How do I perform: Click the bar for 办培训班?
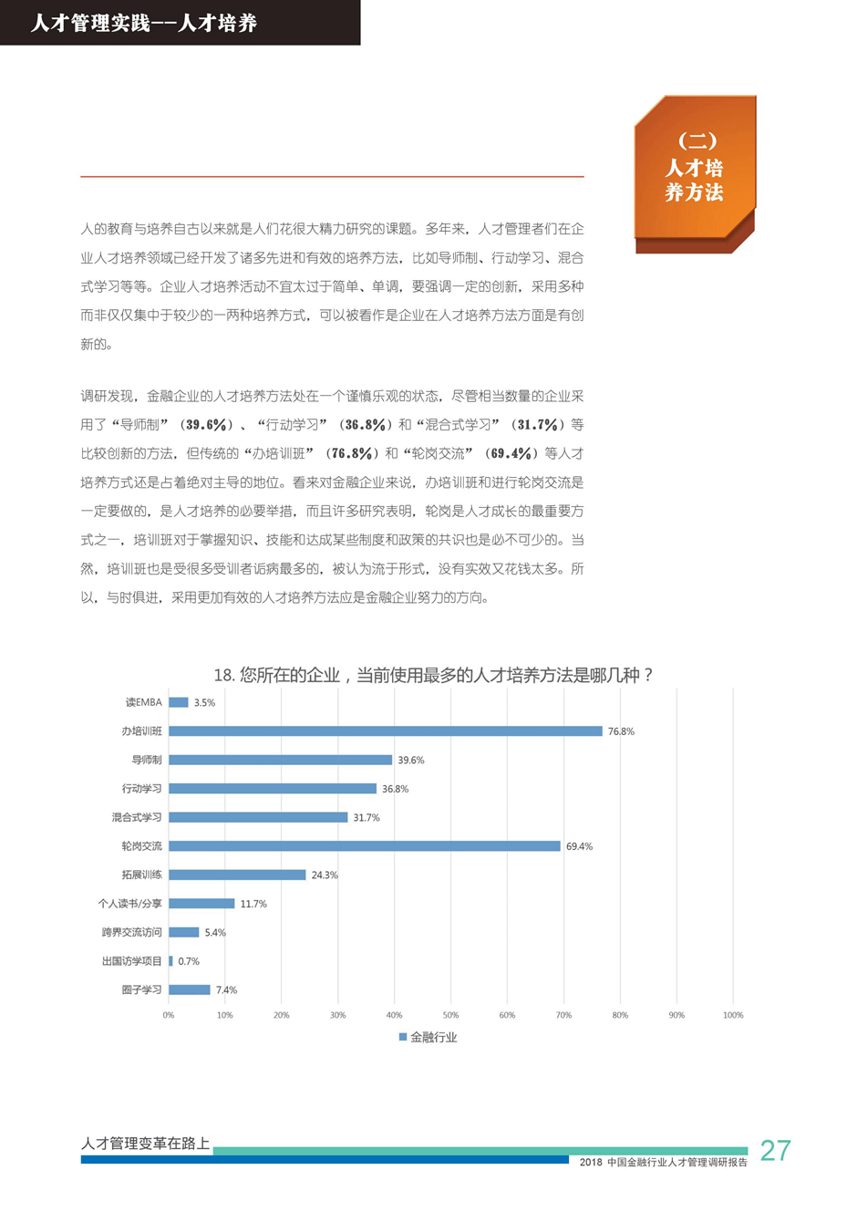(x=385, y=731)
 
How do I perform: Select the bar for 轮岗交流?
(x=365, y=846)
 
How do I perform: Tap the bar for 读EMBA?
(x=179, y=702)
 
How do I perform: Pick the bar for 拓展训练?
(x=237, y=875)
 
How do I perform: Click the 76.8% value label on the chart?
(x=621, y=731)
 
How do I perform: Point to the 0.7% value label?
(x=189, y=961)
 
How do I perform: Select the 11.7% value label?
(x=253, y=904)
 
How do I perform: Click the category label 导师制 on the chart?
(x=147, y=760)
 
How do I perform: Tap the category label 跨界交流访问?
(x=132, y=932)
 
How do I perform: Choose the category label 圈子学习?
(x=142, y=989)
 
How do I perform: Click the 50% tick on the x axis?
(x=450, y=1015)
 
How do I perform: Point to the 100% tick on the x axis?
(x=733, y=1015)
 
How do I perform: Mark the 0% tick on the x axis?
(x=169, y=1015)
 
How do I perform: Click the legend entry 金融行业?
(x=428, y=1037)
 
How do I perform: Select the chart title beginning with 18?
(x=433, y=675)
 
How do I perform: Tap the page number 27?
(x=775, y=1150)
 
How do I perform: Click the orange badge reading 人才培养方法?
(x=695, y=168)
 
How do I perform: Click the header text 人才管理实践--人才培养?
(x=144, y=23)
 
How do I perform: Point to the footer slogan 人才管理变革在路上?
(x=146, y=1143)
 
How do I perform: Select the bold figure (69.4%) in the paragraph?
(x=510, y=453)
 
